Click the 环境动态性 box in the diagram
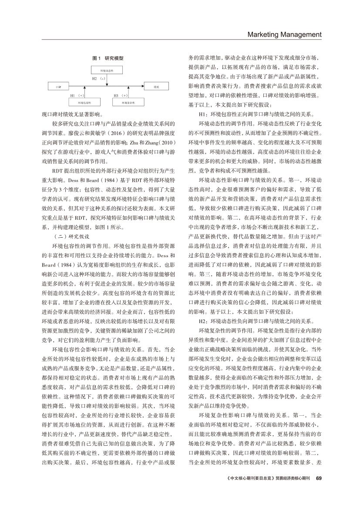[x=107, y=70]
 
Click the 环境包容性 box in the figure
[x=84, y=103]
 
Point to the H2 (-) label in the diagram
[x=99, y=79]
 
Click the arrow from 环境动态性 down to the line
[x=107, y=81]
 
